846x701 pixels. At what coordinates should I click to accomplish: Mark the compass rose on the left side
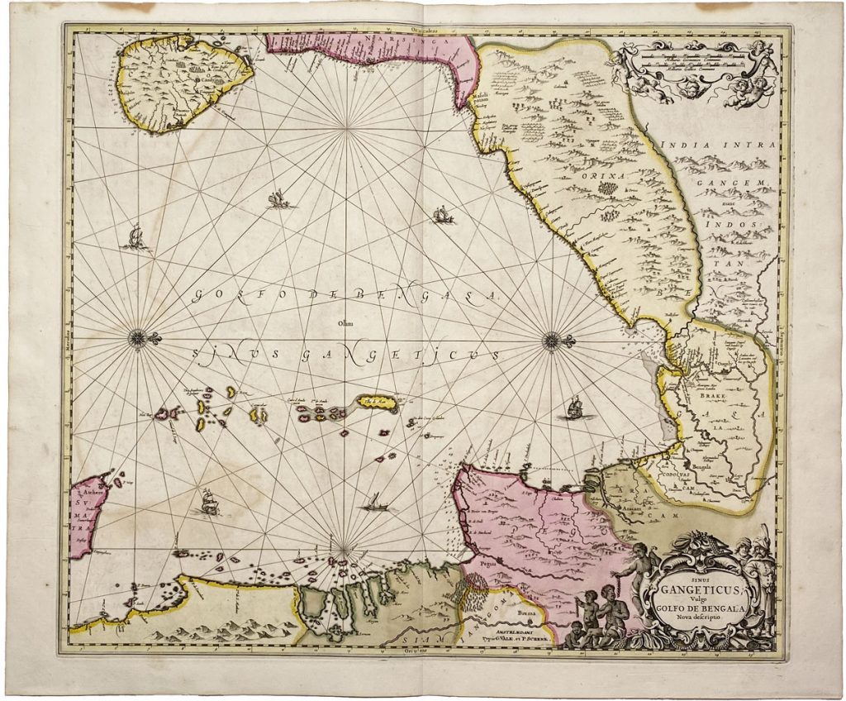point(136,337)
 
